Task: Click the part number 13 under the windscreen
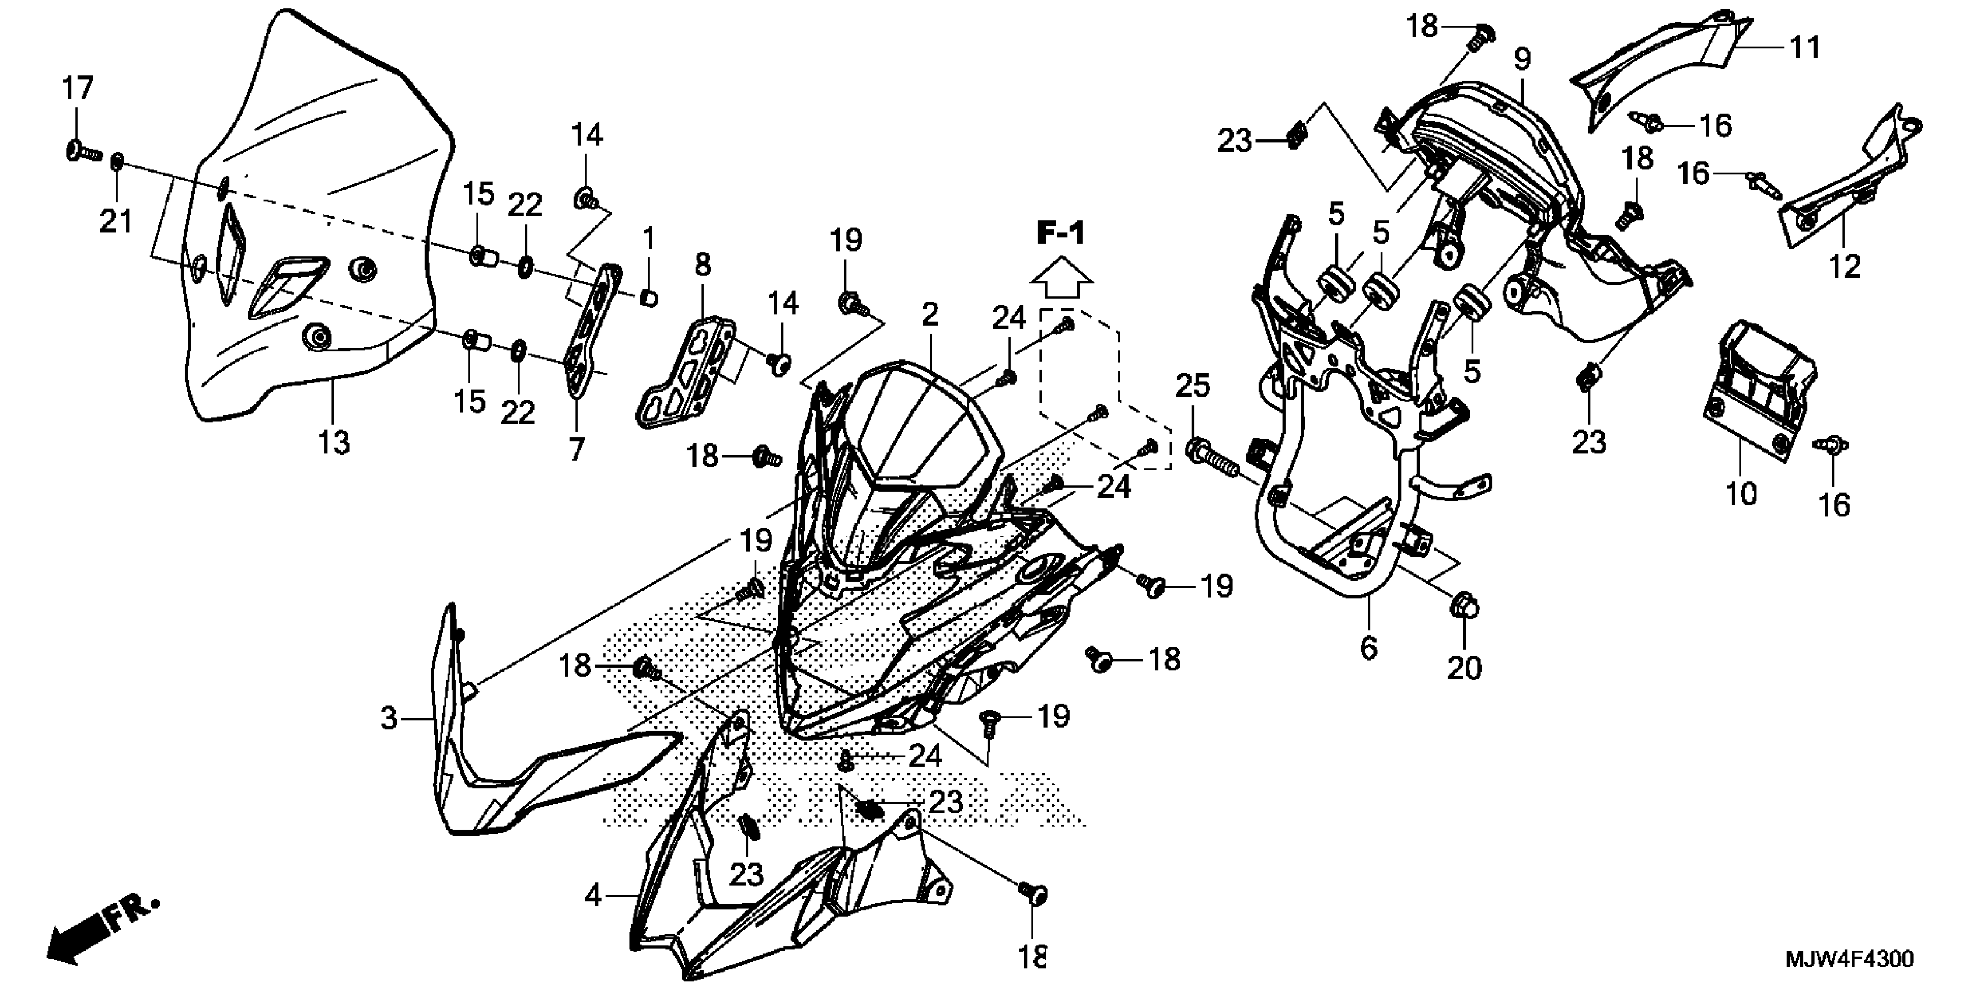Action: [334, 442]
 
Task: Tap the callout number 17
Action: [77, 89]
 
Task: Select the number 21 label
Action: [116, 222]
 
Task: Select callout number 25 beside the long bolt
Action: [1192, 386]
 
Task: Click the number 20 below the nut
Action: [1464, 668]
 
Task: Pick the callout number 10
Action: [1741, 494]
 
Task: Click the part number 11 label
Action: [1804, 48]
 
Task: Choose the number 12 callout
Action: [1845, 267]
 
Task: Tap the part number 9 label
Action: [1522, 60]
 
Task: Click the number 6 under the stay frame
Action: [1368, 648]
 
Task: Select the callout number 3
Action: [389, 718]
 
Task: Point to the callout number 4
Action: [592, 896]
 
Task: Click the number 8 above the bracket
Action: [703, 265]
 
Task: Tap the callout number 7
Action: [577, 448]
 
